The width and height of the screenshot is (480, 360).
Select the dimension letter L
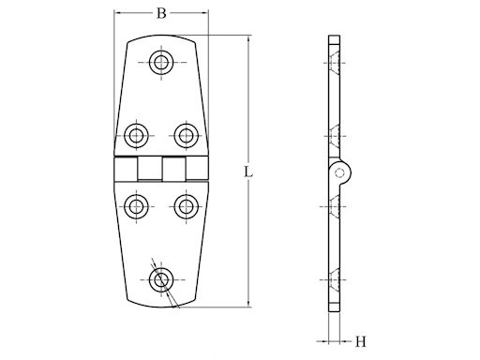(x=245, y=172)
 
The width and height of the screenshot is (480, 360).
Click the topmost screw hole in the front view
(x=161, y=64)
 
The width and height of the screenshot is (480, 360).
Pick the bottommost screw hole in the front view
(x=161, y=279)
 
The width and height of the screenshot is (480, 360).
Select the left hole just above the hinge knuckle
(x=139, y=134)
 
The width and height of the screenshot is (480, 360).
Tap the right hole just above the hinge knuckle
(x=184, y=134)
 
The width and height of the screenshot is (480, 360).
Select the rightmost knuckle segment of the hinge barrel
(x=197, y=170)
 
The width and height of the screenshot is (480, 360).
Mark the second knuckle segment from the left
(x=149, y=170)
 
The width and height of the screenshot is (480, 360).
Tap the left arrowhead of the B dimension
(x=118, y=14)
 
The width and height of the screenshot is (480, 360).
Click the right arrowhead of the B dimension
(x=204, y=14)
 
